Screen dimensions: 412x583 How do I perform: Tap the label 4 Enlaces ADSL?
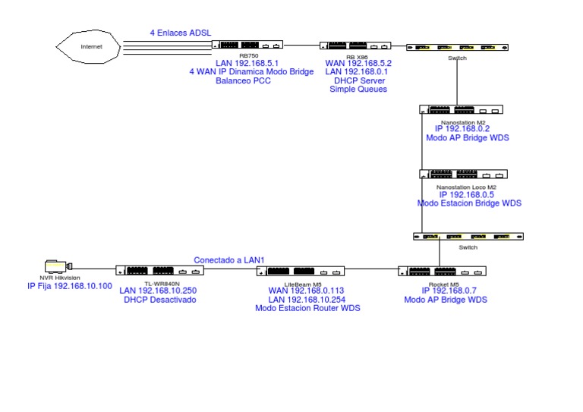(181, 33)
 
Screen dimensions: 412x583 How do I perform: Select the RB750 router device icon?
(247, 46)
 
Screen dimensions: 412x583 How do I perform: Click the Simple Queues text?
(358, 90)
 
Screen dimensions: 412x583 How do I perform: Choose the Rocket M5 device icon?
(442, 271)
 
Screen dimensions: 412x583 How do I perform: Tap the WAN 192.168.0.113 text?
(307, 291)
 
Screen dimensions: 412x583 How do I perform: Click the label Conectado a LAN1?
(229, 259)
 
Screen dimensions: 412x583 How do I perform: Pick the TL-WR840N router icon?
(160, 271)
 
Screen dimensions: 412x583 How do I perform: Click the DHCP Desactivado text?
(159, 300)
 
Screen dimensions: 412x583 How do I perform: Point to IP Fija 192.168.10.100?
(69, 286)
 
